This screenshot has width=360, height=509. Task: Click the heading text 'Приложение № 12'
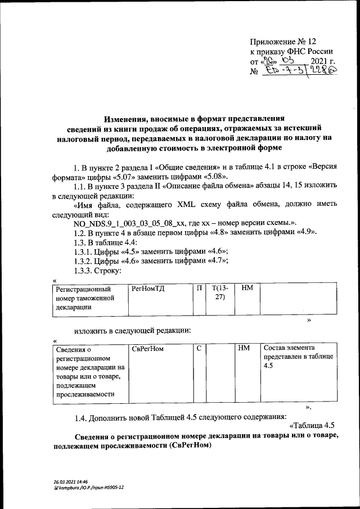283,42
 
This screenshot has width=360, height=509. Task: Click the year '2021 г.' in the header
322,61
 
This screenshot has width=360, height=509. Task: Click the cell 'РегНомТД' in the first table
147,289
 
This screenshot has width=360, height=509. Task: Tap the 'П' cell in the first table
199,289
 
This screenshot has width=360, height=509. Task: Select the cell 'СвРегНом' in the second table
147,349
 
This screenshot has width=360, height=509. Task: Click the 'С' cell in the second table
199,349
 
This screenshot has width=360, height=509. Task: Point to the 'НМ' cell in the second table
244,349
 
